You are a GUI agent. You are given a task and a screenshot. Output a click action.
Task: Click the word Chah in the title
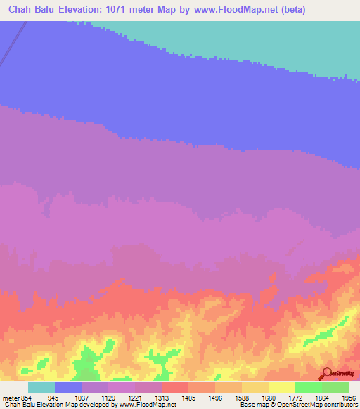(x=23, y=11)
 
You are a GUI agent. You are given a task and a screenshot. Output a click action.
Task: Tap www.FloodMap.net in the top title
(x=268, y=11)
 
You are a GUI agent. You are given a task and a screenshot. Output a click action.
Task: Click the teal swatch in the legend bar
(x=41, y=387)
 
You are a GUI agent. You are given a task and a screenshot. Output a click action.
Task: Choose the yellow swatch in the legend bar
(x=281, y=387)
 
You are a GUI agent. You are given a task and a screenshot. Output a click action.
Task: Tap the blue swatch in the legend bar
(x=68, y=387)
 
